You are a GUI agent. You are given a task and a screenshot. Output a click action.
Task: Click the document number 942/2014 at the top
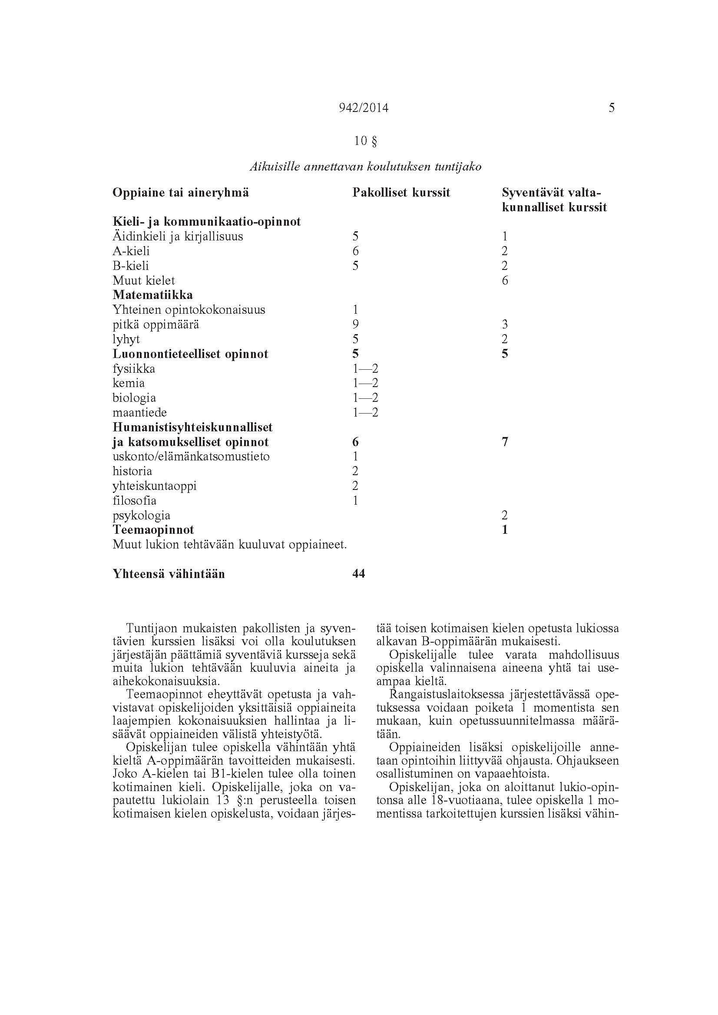[x=363, y=108]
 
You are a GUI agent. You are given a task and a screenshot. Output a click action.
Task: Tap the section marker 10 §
[x=365, y=141]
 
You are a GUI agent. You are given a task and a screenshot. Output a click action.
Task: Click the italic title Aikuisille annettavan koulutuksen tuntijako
[x=365, y=167]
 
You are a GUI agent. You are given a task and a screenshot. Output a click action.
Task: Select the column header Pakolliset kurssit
[x=401, y=193]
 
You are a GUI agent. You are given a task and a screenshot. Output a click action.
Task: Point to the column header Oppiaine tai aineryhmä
[x=181, y=193]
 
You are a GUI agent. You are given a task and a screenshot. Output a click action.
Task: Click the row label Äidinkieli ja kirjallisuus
[x=178, y=237]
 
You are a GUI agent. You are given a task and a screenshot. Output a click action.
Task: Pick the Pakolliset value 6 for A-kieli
[x=355, y=251]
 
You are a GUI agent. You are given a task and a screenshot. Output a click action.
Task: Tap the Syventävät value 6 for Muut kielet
[x=505, y=281]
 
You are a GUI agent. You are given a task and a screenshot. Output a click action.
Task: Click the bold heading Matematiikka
[x=152, y=295]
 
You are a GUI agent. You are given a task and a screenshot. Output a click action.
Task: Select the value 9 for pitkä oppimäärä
[x=355, y=325]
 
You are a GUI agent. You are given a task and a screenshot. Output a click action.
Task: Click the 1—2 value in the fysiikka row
[x=365, y=369]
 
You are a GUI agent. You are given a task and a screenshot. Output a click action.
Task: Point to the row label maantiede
[x=140, y=412]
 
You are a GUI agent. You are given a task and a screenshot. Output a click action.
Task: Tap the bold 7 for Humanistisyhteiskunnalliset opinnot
[x=505, y=442]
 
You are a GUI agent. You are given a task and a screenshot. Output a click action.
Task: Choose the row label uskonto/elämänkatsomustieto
[x=191, y=456]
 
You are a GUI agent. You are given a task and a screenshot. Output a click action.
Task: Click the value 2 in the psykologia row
[x=505, y=515]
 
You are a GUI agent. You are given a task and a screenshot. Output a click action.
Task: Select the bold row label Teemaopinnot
[x=153, y=529]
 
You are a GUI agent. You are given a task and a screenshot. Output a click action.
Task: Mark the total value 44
[x=358, y=574]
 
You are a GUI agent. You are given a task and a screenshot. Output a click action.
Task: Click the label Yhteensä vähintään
[x=169, y=574]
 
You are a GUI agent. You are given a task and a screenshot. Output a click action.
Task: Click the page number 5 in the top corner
[x=612, y=108]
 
